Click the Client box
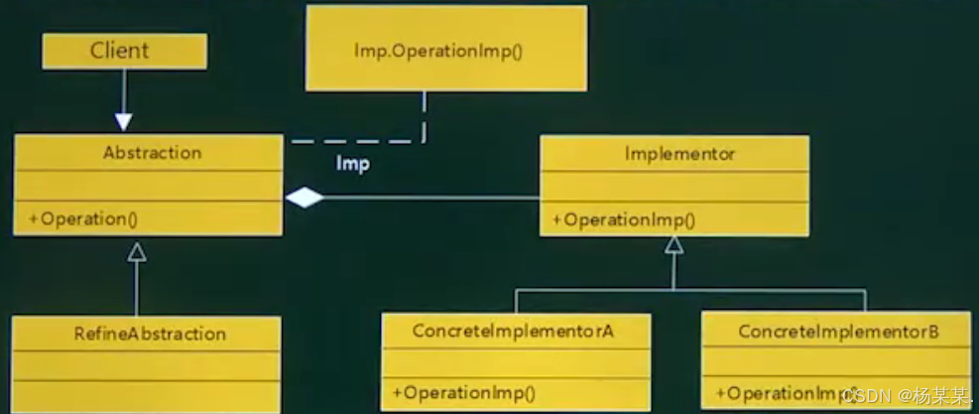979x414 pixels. click(124, 51)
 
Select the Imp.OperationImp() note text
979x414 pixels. click(437, 50)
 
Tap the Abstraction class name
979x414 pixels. click(152, 153)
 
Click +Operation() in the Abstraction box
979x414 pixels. click(82, 218)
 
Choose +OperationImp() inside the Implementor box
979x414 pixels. click(623, 220)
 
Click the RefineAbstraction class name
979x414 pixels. click(149, 334)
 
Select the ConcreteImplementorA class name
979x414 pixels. click(513, 331)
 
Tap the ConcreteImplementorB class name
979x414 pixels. click(838, 331)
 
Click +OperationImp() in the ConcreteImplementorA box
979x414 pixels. click(462, 392)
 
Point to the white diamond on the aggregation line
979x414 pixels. click(305, 199)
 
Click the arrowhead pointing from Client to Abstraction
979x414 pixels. click(123, 121)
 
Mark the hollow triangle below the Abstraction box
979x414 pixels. click(137, 251)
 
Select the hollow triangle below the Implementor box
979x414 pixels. click(673, 245)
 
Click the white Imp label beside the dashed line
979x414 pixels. click(352, 164)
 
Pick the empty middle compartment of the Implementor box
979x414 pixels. click(673, 187)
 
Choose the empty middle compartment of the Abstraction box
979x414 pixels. click(147, 185)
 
